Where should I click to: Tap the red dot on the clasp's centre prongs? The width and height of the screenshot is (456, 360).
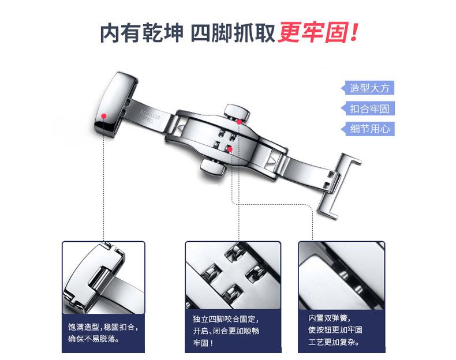[230, 149]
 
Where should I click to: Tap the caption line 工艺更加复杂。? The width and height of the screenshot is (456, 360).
[333, 342]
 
